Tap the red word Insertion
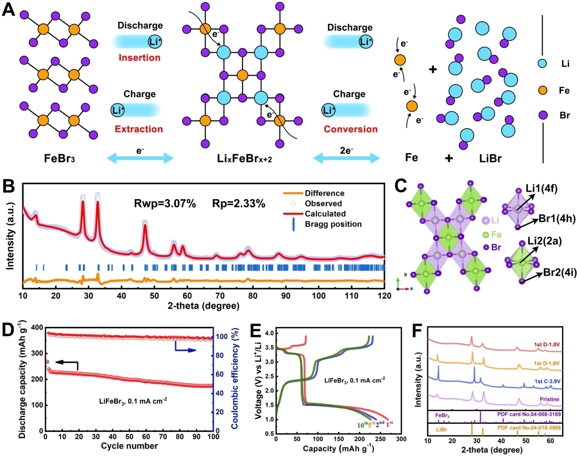click(x=139, y=58)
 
